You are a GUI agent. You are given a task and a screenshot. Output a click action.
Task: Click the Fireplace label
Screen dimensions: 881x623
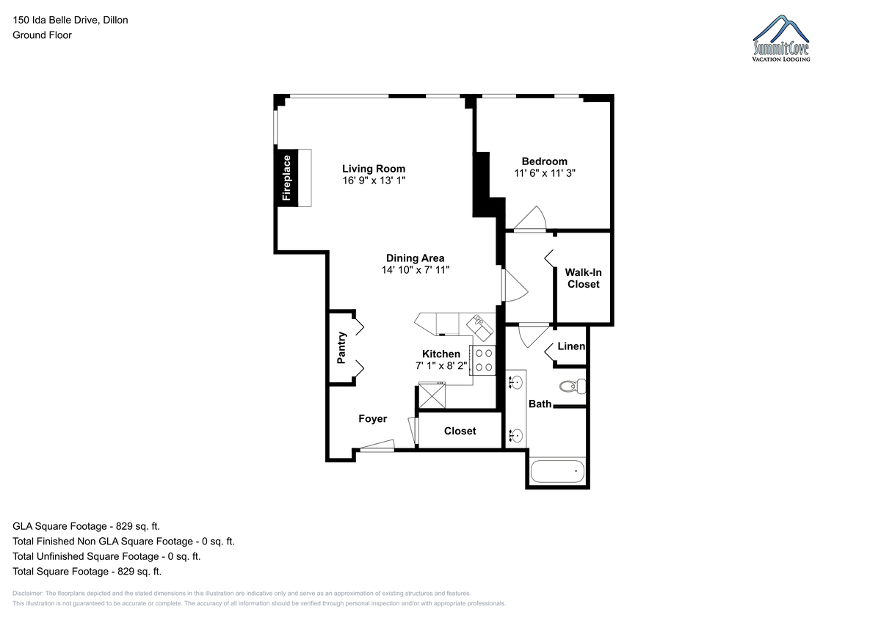coord(286,178)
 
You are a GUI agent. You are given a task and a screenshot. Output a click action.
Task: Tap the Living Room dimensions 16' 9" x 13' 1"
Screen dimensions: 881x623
coord(374,181)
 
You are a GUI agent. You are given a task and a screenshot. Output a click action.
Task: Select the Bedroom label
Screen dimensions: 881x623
coord(544,161)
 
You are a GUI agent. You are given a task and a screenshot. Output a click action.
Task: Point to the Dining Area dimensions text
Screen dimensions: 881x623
coord(416,270)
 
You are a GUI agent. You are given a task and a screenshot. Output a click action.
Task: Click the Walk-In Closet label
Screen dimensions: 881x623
coord(583,278)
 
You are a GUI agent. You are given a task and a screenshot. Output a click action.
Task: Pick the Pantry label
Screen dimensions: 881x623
coord(341,348)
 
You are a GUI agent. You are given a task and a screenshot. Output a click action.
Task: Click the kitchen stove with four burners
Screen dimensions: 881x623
coord(483,360)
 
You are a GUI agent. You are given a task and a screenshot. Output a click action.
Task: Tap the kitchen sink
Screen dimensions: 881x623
coord(480,327)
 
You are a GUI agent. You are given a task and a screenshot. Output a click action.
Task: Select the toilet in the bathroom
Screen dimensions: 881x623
coord(573,387)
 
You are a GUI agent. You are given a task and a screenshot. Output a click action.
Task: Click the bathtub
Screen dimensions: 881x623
coord(557,471)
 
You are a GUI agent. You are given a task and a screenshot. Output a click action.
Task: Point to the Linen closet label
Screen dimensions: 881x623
coord(571,346)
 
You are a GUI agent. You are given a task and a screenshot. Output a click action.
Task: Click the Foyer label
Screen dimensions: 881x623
coord(372,419)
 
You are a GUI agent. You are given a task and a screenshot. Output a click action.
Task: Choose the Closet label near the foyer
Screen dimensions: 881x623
coord(460,431)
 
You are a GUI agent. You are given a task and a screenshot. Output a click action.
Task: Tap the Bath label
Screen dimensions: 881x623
coord(540,404)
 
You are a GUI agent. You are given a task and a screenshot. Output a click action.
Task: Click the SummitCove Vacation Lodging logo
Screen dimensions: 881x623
coord(781,38)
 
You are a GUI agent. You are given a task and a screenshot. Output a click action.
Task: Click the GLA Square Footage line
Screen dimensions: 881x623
coord(86,526)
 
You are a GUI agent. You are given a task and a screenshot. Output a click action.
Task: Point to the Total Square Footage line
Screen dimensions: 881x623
coord(87,572)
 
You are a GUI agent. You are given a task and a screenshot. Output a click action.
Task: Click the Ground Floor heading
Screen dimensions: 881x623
coord(42,35)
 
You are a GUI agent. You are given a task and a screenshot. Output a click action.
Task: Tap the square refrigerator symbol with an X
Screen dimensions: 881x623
coord(432,396)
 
